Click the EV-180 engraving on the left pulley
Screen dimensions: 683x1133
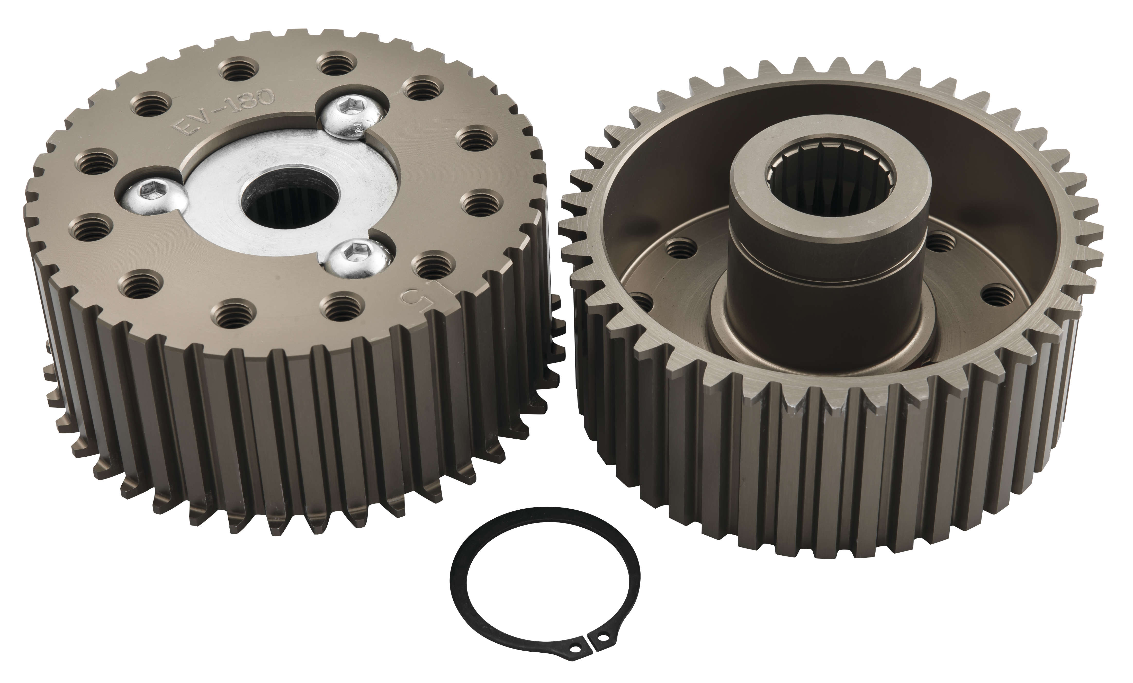point(222,109)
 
